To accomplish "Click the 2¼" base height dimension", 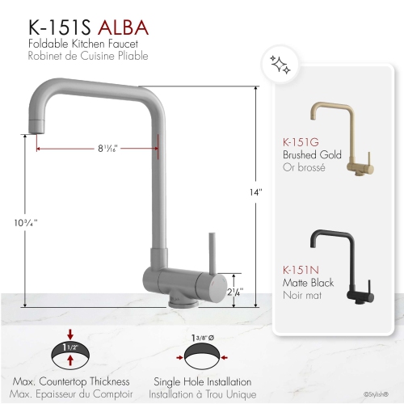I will click(x=235, y=292).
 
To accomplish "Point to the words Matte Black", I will click(x=307, y=284).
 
